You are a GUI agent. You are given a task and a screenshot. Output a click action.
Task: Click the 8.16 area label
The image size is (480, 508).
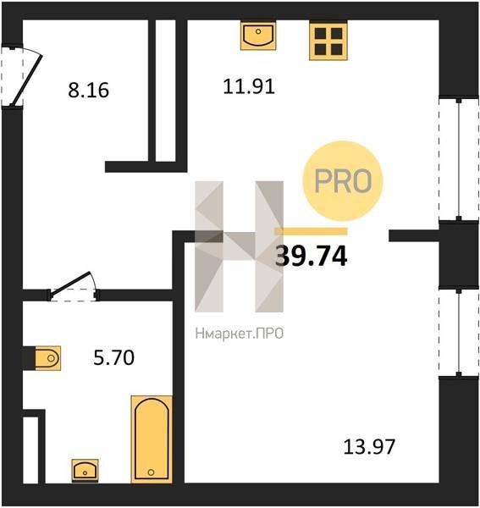[x=88, y=90]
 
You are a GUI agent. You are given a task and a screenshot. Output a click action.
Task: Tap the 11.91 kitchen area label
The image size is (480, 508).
[x=249, y=86]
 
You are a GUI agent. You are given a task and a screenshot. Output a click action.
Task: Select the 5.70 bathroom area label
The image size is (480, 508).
[x=113, y=357]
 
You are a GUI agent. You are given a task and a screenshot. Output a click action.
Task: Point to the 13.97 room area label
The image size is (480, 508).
[x=369, y=446]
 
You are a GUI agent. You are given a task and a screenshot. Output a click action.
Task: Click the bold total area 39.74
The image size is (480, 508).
[x=311, y=257]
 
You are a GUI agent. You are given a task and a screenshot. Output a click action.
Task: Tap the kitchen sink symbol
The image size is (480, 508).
[x=258, y=36]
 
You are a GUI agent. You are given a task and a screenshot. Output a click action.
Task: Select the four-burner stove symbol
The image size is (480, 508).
[x=328, y=41]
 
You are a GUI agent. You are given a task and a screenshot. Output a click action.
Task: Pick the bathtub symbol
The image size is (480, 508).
[x=152, y=439]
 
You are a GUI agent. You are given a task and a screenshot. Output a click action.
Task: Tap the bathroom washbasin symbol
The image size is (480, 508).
[x=85, y=471]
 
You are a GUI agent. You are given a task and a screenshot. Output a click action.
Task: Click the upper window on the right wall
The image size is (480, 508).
[x=459, y=159]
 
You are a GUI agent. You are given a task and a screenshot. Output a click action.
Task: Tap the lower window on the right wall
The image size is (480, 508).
[x=459, y=333]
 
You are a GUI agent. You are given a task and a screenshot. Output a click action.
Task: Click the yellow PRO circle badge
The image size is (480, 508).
[x=343, y=181]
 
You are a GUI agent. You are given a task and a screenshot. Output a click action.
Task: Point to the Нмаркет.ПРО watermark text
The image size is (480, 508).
[x=240, y=334]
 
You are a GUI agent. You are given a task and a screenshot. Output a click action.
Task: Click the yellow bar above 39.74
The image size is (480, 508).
[x=311, y=231]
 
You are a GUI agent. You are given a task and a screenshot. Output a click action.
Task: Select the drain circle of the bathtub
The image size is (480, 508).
[x=151, y=472]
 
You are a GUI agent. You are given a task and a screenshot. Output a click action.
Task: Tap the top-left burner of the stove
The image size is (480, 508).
[x=321, y=33]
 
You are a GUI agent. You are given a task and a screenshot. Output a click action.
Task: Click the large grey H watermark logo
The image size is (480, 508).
[x=239, y=246]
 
